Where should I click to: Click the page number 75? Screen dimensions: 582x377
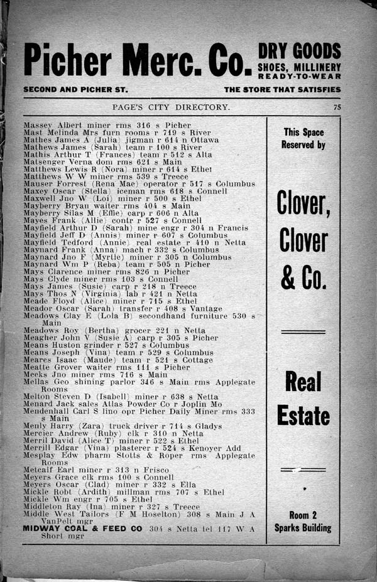click(x=337, y=107)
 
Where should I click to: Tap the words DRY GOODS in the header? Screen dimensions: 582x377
click(x=299, y=51)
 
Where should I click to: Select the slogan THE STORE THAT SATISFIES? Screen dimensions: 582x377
click(x=282, y=90)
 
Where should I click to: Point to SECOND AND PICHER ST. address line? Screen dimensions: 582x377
click(x=75, y=90)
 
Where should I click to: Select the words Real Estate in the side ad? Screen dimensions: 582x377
click(x=304, y=399)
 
